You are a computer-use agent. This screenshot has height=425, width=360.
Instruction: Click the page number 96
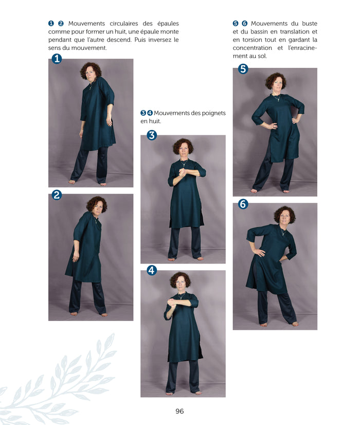pyautogui.click(x=179, y=411)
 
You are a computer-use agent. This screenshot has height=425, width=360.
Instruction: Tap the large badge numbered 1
pyautogui.click(x=57, y=59)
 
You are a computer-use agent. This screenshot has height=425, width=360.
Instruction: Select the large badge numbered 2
pyautogui.click(x=57, y=194)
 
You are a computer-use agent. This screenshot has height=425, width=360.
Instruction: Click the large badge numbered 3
pyautogui.click(x=152, y=135)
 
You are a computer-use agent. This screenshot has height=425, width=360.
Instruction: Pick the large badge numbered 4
pyautogui.click(x=152, y=270)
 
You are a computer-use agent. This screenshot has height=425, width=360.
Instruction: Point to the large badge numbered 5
pyautogui.click(x=243, y=69)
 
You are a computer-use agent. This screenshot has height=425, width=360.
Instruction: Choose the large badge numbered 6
pyautogui.click(x=243, y=204)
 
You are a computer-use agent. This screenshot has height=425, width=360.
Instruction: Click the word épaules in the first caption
pyautogui.click(x=165, y=24)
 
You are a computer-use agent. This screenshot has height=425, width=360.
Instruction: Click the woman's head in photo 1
pyautogui.click(x=92, y=72)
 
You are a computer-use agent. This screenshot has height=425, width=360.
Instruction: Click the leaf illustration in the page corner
pyautogui.click(x=62, y=381)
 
